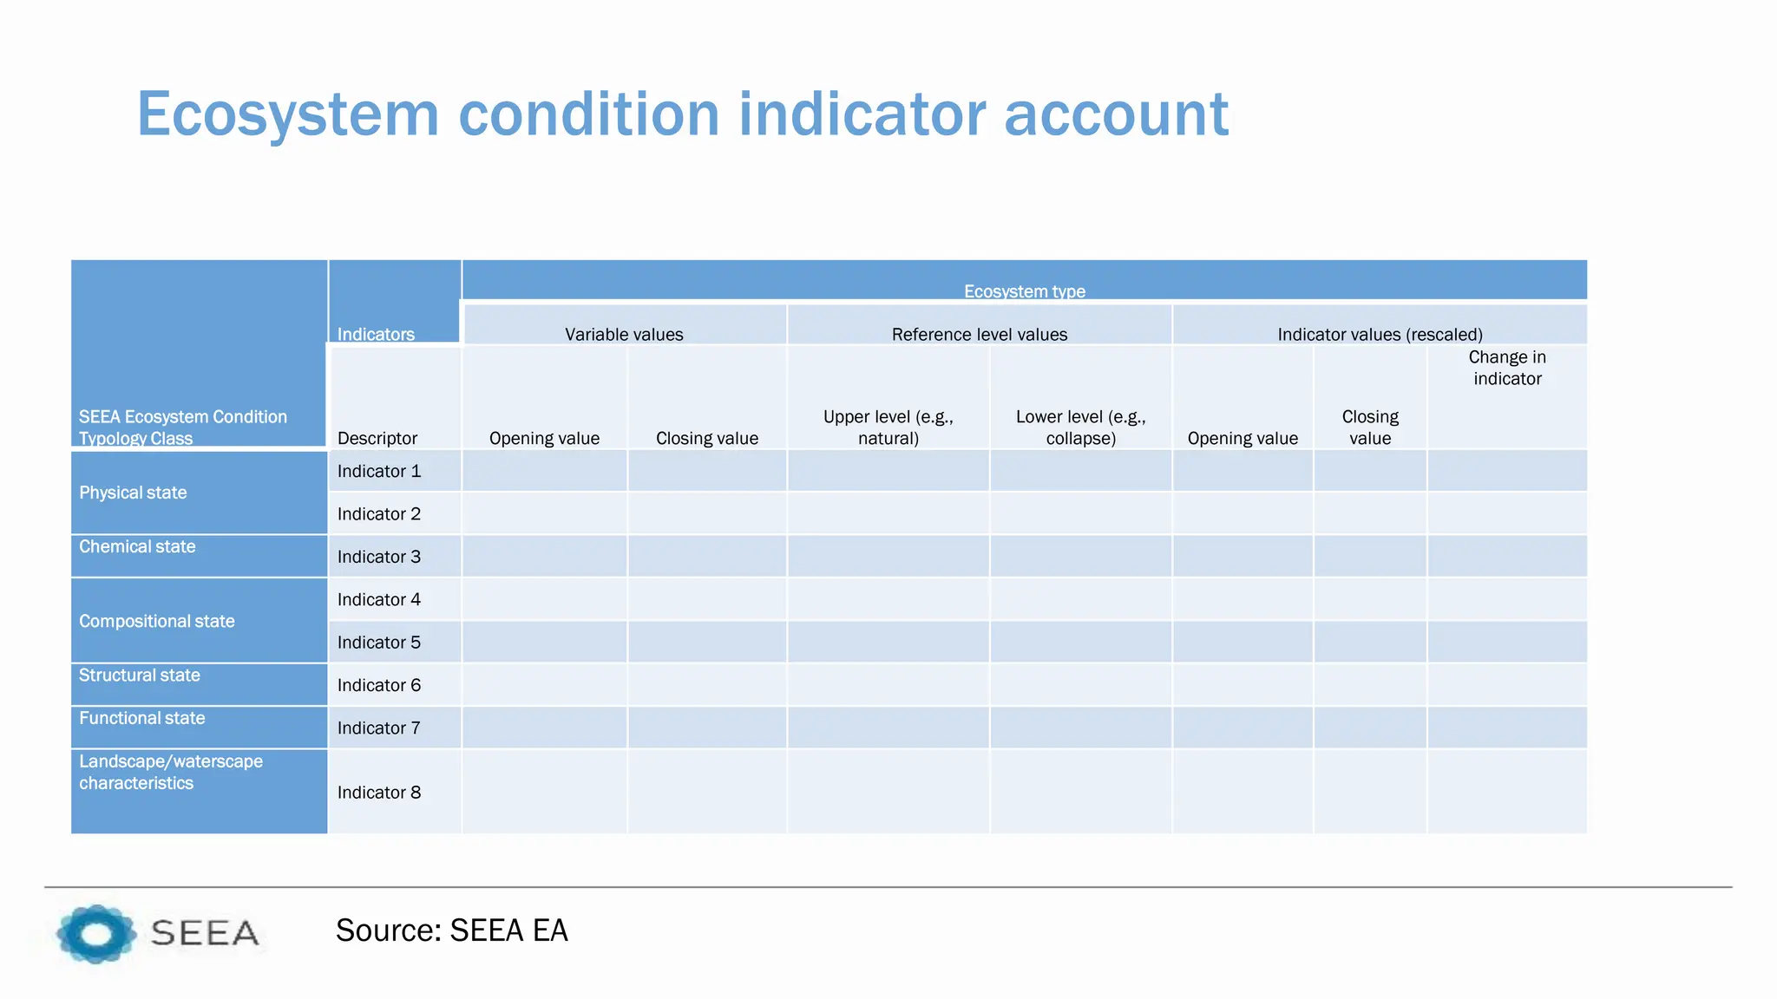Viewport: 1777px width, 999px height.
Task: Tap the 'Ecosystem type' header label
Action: (x=1024, y=291)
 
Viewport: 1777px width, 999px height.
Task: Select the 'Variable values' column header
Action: (x=624, y=335)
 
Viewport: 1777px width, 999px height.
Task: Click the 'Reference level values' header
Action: (x=980, y=335)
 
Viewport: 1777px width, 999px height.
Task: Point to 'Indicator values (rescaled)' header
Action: (x=1380, y=335)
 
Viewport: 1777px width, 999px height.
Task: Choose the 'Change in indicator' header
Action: (x=1507, y=368)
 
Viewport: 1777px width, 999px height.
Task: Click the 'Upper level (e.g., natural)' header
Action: (x=888, y=428)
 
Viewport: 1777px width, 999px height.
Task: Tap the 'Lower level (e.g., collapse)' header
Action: (x=1080, y=428)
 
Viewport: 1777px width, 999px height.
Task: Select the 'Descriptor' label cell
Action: (x=377, y=438)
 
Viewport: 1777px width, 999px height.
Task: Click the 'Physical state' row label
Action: (x=133, y=493)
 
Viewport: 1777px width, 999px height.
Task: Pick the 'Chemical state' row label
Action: (x=137, y=546)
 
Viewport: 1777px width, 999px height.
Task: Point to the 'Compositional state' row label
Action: (x=157, y=621)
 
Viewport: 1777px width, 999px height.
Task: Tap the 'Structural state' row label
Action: (x=140, y=675)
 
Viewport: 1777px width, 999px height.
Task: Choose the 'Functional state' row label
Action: (x=142, y=718)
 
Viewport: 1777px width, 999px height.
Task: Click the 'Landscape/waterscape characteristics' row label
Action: (x=170, y=772)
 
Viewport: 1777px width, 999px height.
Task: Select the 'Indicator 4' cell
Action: (x=379, y=599)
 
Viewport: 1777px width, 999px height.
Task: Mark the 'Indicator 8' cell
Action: (x=379, y=792)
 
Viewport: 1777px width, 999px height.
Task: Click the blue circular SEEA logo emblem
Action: (x=96, y=934)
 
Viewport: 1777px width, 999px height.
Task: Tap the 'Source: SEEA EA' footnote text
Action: (x=451, y=930)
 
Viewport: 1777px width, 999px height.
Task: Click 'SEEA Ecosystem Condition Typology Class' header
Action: (x=182, y=428)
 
